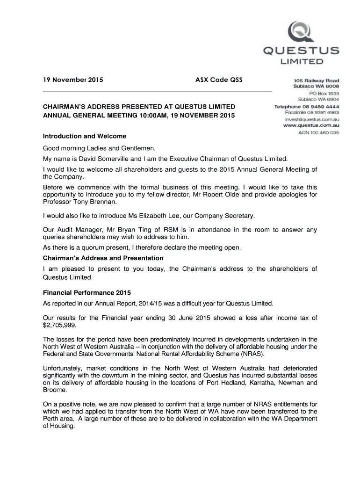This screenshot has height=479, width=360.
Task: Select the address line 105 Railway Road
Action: [316, 80]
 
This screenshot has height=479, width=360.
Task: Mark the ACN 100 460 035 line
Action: [319, 133]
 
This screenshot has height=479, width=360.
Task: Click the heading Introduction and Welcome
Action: [85, 136]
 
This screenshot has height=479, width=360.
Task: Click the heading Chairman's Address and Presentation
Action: [103, 258]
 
